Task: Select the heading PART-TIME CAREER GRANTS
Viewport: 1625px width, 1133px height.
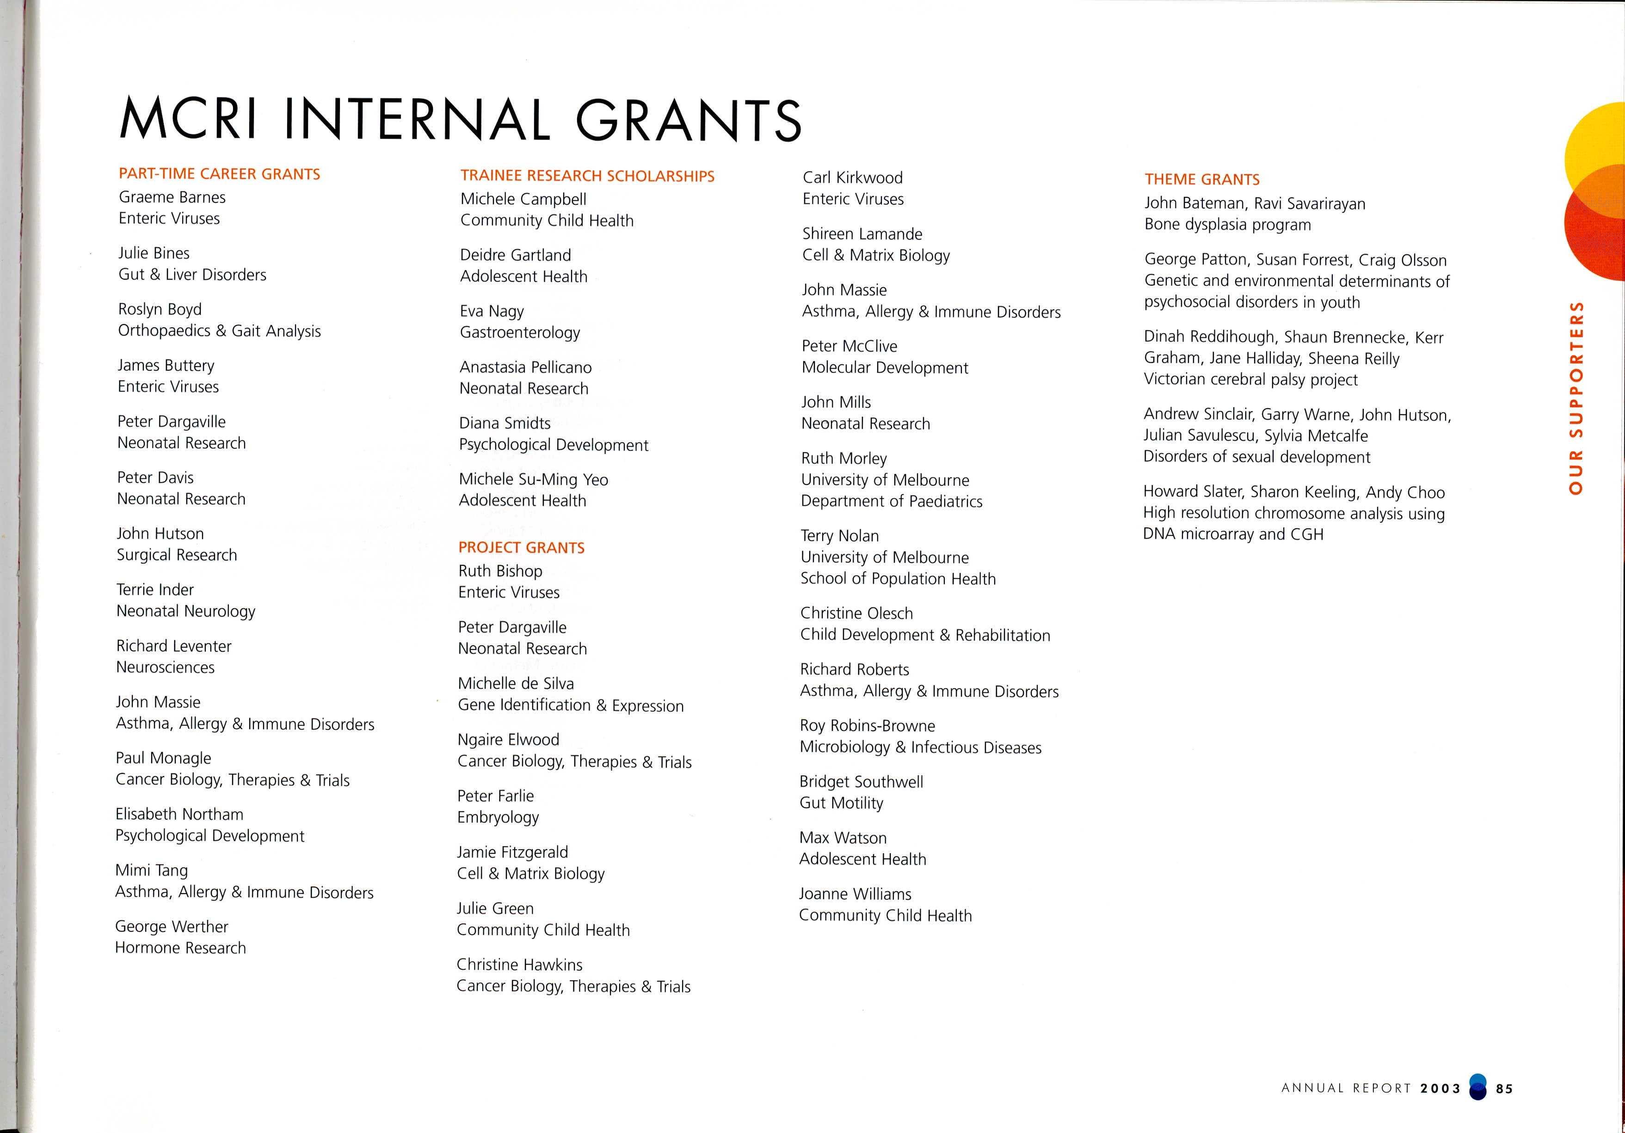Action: coord(219,174)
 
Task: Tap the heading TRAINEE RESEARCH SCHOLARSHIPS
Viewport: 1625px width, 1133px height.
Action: coord(587,176)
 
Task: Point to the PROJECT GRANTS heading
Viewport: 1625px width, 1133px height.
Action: coord(522,548)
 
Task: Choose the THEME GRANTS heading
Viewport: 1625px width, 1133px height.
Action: coord(1202,180)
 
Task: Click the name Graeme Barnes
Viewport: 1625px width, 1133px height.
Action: coord(172,197)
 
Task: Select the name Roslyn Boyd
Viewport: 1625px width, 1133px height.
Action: coord(160,309)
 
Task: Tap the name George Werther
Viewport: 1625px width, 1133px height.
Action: coord(172,926)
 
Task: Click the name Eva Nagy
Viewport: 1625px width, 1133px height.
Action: coord(492,312)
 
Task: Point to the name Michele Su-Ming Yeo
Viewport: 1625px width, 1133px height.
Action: coord(534,479)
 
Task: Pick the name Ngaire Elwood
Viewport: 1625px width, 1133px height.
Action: coord(508,740)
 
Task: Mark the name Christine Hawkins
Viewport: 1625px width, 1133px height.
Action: coord(519,965)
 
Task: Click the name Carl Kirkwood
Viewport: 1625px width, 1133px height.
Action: coord(853,178)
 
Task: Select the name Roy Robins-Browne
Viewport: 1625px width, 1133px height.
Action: coord(868,725)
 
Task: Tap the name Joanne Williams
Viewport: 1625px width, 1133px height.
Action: coord(855,894)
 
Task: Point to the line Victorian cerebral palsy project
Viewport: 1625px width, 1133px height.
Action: coord(1250,380)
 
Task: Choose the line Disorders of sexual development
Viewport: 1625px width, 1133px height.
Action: coord(1257,457)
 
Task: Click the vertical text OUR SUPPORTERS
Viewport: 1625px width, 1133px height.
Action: coord(1576,398)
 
